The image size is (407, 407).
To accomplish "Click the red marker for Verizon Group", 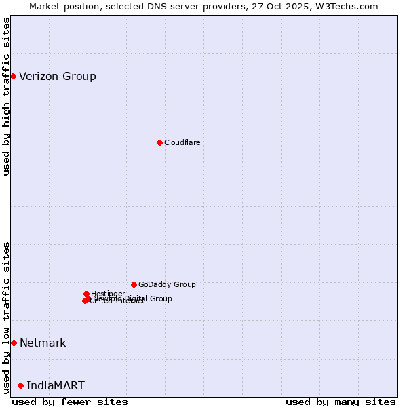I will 13,76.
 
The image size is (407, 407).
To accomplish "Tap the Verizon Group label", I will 58,76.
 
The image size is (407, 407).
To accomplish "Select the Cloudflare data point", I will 159,142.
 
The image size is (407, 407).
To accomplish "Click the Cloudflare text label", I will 182,142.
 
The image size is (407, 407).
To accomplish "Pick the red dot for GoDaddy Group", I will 134,284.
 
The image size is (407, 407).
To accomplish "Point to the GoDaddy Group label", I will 167,284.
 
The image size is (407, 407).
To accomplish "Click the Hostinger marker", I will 86,294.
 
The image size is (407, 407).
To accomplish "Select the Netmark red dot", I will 14,343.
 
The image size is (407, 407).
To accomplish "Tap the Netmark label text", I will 43,343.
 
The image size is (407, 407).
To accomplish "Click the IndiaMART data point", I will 20,385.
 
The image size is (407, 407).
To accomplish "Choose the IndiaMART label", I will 56,385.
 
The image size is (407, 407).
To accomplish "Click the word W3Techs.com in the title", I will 349,6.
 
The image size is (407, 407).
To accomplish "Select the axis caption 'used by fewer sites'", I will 70,402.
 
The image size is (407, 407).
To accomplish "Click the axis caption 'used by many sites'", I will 341,402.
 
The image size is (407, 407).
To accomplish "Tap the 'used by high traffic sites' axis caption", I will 6,96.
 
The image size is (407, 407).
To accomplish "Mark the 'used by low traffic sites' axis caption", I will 6,317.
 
